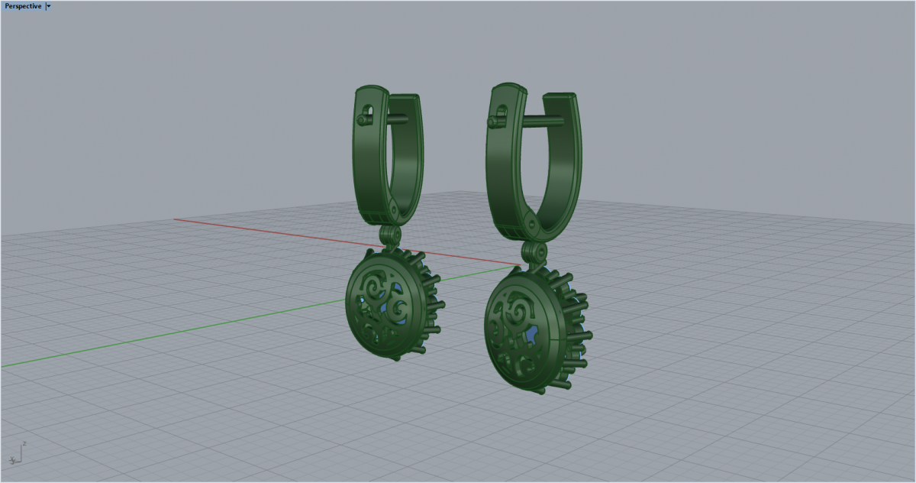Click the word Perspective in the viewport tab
coord(23,6)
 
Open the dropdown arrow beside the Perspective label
coord(48,6)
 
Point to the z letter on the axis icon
coord(24,443)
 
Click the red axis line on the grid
coord(347,242)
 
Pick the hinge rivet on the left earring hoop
coord(394,210)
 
